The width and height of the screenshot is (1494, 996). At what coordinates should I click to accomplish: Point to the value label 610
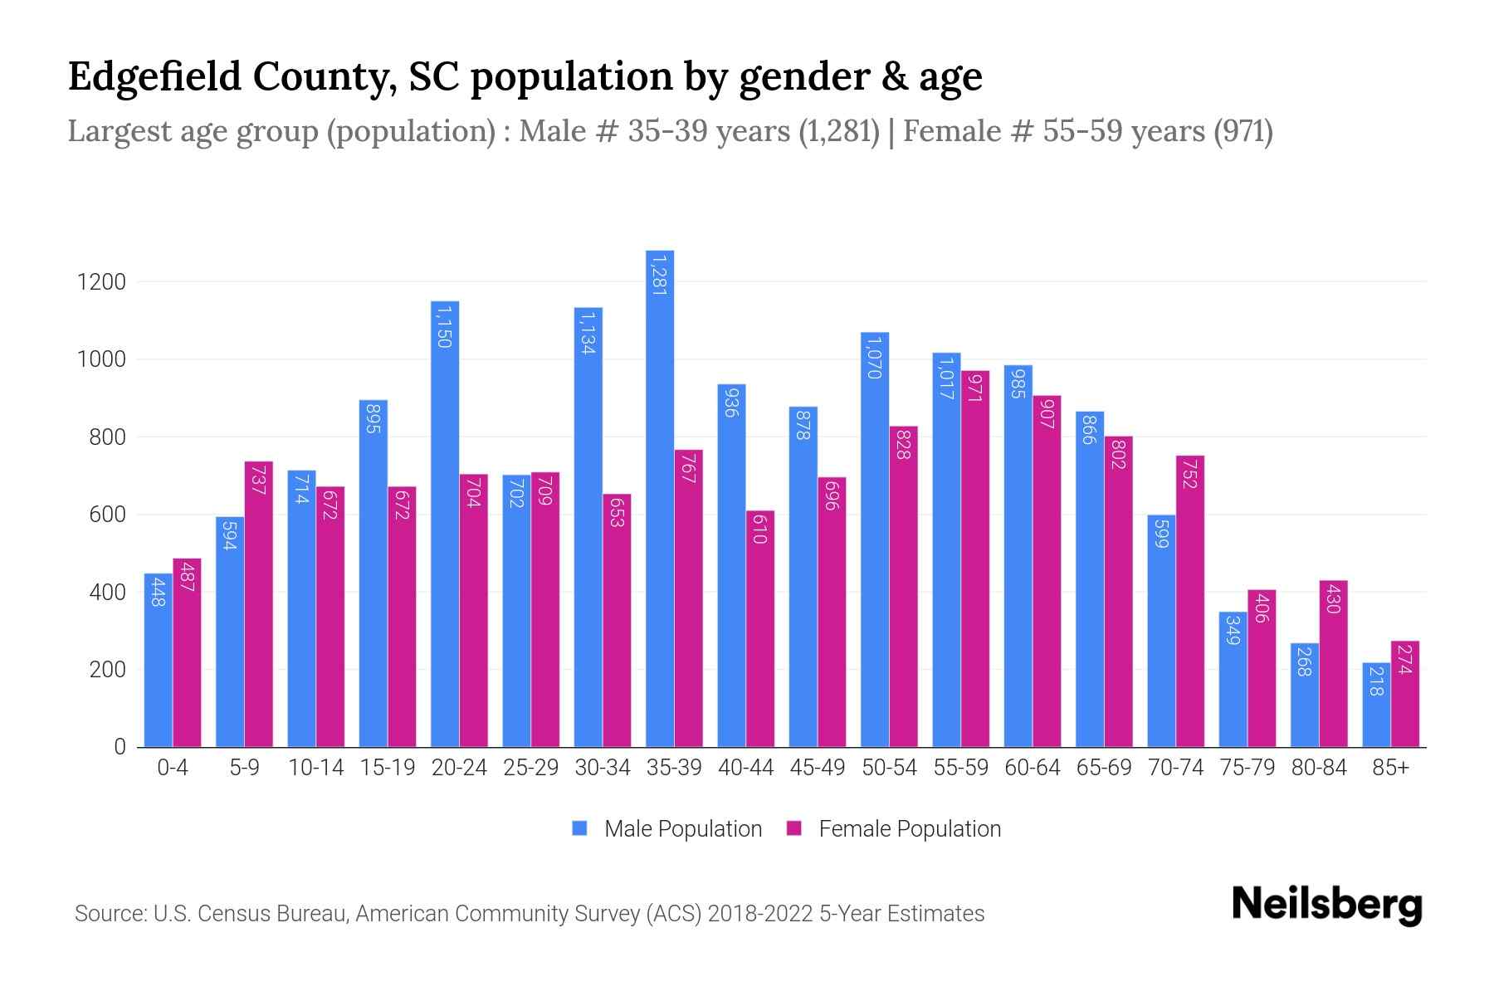[759, 529]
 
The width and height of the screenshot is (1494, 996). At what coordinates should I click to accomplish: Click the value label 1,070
[873, 357]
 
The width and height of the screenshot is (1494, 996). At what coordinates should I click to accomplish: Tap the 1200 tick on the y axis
[101, 282]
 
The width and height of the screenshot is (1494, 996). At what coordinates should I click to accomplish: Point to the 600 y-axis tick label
[107, 515]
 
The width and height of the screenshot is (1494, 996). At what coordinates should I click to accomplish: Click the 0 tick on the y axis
[120, 747]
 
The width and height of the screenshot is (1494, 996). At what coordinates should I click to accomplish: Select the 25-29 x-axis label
[531, 768]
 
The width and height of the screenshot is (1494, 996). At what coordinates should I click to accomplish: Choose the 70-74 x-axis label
[1175, 768]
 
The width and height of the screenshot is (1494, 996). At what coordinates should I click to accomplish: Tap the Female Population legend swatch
[794, 828]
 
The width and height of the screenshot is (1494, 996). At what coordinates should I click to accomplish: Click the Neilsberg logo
[1326, 905]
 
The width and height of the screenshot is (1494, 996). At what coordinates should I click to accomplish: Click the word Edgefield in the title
[154, 76]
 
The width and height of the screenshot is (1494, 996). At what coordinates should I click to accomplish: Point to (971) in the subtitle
[1243, 131]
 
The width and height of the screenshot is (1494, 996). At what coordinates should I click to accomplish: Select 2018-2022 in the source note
[759, 914]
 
